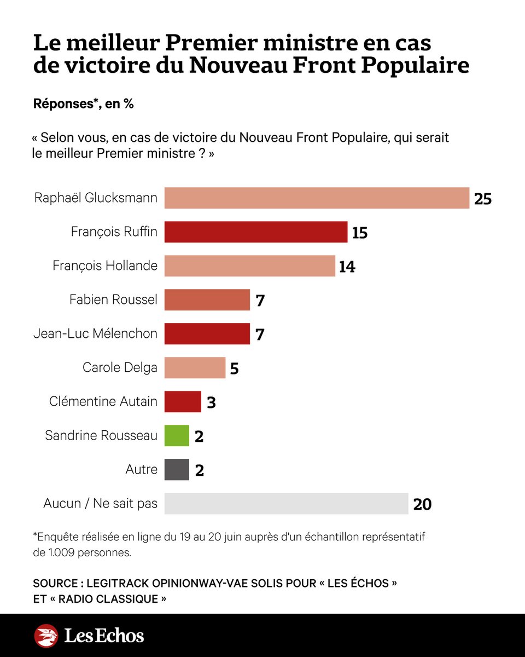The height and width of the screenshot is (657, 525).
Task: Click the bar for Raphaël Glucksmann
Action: point(317,198)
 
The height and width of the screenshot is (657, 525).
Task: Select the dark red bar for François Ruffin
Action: point(256,232)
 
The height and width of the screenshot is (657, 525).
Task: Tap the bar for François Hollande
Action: point(249,266)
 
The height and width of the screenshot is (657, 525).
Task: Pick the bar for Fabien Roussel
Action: point(207,300)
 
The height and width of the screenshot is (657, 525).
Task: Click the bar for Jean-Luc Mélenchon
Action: point(207,334)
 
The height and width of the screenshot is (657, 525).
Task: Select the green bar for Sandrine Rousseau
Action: point(177,436)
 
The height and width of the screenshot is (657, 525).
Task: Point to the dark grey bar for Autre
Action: point(177,470)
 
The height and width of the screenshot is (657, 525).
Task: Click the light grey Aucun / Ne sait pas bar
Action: point(286,504)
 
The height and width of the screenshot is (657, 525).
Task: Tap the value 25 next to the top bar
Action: point(483,199)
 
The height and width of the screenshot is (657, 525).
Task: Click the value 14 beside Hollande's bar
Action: point(347,267)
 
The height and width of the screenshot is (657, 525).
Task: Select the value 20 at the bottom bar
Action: point(422,504)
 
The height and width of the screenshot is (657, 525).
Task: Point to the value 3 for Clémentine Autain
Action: point(211,402)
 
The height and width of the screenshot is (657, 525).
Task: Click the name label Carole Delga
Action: point(120,368)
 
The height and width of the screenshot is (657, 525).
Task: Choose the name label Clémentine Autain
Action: point(103,402)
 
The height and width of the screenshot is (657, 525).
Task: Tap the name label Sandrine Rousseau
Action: point(101,436)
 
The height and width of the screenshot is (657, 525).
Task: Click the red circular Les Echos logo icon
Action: point(46,636)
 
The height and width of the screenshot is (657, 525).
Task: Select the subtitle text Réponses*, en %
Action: point(84,103)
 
